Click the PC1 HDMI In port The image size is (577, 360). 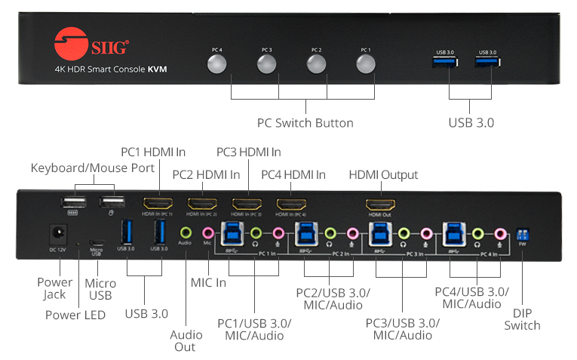pos(158,203)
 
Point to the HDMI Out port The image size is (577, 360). pos(380,204)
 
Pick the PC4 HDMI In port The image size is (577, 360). pos(291,204)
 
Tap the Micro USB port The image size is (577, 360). pos(97,233)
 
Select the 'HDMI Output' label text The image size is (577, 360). pos(383,175)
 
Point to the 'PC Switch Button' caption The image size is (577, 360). pos(305,122)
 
